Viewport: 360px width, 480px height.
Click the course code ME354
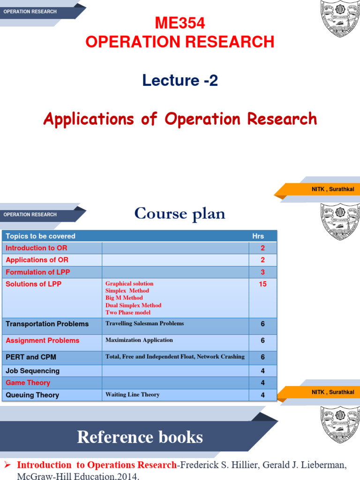coord(180,23)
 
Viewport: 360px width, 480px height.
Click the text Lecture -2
coord(180,81)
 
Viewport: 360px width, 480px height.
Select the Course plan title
coord(180,214)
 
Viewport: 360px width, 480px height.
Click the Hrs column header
coord(258,236)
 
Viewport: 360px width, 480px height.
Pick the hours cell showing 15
coord(262,284)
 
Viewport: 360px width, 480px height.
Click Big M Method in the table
coord(124,298)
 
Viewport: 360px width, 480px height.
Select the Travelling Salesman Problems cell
coord(144,323)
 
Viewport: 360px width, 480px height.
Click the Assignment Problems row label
coord(42,340)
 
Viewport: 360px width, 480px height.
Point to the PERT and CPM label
coord(31,357)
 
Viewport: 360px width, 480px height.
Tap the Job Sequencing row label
coord(32,371)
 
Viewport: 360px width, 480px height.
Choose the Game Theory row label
coord(28,383)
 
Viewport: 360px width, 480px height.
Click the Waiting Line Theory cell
coord(132,395)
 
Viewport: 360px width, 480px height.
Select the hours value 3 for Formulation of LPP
coord(262,272)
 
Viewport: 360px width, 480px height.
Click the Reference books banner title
coord(140,437)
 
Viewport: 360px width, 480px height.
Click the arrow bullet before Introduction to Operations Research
coord(7,465)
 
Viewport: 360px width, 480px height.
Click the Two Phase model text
coord(128,312)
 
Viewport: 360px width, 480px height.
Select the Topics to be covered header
coord(40,236)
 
